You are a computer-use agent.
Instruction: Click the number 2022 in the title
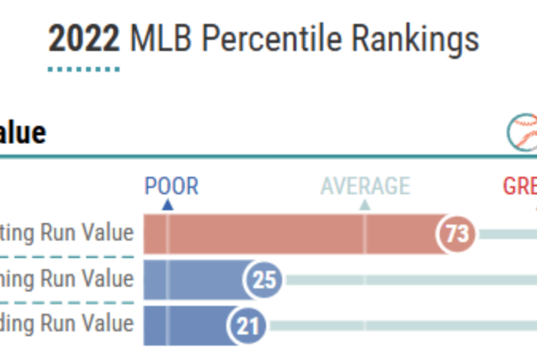[84, 39]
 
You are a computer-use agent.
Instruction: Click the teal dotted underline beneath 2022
[84, 69]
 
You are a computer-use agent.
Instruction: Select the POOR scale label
[171, 186]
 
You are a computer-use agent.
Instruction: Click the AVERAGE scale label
[365, 186]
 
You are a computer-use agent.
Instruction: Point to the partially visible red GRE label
[519, 186]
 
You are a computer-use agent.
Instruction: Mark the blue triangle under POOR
[167, 205]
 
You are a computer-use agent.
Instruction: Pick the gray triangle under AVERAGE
[365, 205]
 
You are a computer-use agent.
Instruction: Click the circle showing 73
[457, 234]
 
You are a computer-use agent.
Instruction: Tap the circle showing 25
[264, 280]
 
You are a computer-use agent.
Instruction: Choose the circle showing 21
[249, 325]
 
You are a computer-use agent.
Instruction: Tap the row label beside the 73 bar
[67, 233]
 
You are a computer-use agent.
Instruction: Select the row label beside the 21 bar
[67, 324]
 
